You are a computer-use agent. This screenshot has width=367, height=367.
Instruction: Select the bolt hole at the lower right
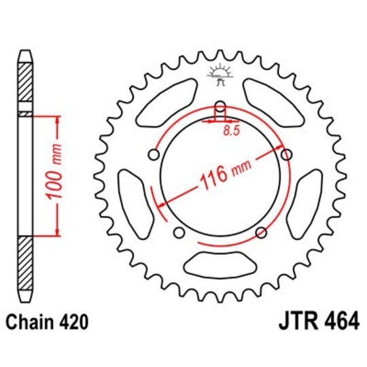[x=260, y=233]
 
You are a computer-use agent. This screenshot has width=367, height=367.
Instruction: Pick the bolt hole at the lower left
[x=179, y=233]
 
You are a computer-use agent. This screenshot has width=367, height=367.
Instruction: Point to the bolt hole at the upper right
[x=286, y=156]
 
